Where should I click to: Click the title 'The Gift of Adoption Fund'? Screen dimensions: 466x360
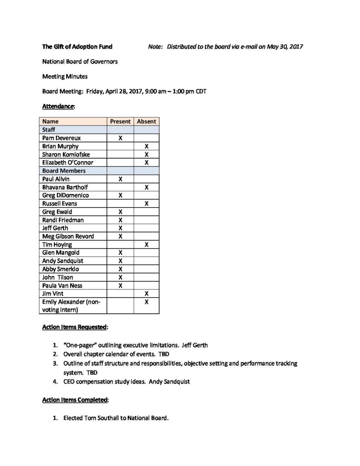point(77,46)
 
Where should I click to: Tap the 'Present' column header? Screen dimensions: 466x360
point(120,122)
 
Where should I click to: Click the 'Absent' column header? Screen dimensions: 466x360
point(146,122)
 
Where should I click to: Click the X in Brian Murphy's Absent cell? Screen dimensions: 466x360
point(146,147)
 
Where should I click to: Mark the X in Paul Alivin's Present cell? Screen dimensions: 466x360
point(120,179)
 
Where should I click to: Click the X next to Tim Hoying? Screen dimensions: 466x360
point(146,245)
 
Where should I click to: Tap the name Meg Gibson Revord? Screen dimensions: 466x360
point(68,237)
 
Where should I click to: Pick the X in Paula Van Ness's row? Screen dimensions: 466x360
point(120,286)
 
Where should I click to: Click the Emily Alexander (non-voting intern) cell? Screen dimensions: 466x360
point(71,306)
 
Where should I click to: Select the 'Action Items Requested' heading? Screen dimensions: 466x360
point(75,327)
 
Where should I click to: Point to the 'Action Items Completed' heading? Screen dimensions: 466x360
point(75,400)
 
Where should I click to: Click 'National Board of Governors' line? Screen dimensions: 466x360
point(80,61)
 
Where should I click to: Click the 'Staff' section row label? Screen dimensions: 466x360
point(49,130)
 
